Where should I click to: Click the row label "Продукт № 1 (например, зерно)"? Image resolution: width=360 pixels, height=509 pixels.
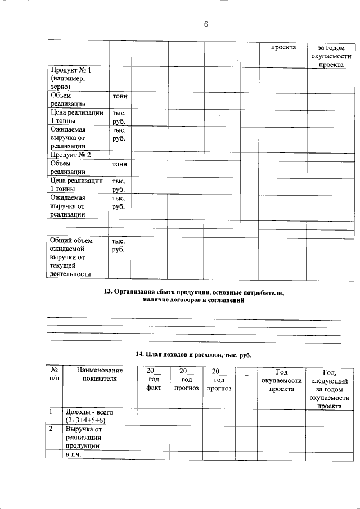tap(70, 79)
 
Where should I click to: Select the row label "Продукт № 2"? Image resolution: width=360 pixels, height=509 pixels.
tap(70, 155)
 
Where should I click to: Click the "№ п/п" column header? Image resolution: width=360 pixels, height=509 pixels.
tap(55, 375)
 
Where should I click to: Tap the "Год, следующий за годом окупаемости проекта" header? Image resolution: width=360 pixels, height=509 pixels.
tap(330, 389)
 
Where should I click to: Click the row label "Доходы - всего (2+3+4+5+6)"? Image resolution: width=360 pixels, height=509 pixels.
tap(88, 416)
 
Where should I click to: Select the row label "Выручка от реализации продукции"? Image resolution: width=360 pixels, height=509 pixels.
tap(83, 438)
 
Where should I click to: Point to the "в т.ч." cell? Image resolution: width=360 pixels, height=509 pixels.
tap(74, 454)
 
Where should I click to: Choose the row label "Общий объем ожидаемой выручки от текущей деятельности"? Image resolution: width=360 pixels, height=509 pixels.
tap(70, 257)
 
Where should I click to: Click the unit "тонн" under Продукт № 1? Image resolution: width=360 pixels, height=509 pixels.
tap(120, 97)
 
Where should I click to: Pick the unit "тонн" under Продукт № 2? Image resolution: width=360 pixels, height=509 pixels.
tap(120, 164)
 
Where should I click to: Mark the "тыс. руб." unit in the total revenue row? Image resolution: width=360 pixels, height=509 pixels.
tap(118, 245)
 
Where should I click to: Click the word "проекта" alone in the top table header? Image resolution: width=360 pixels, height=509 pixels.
tap(283, 48)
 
